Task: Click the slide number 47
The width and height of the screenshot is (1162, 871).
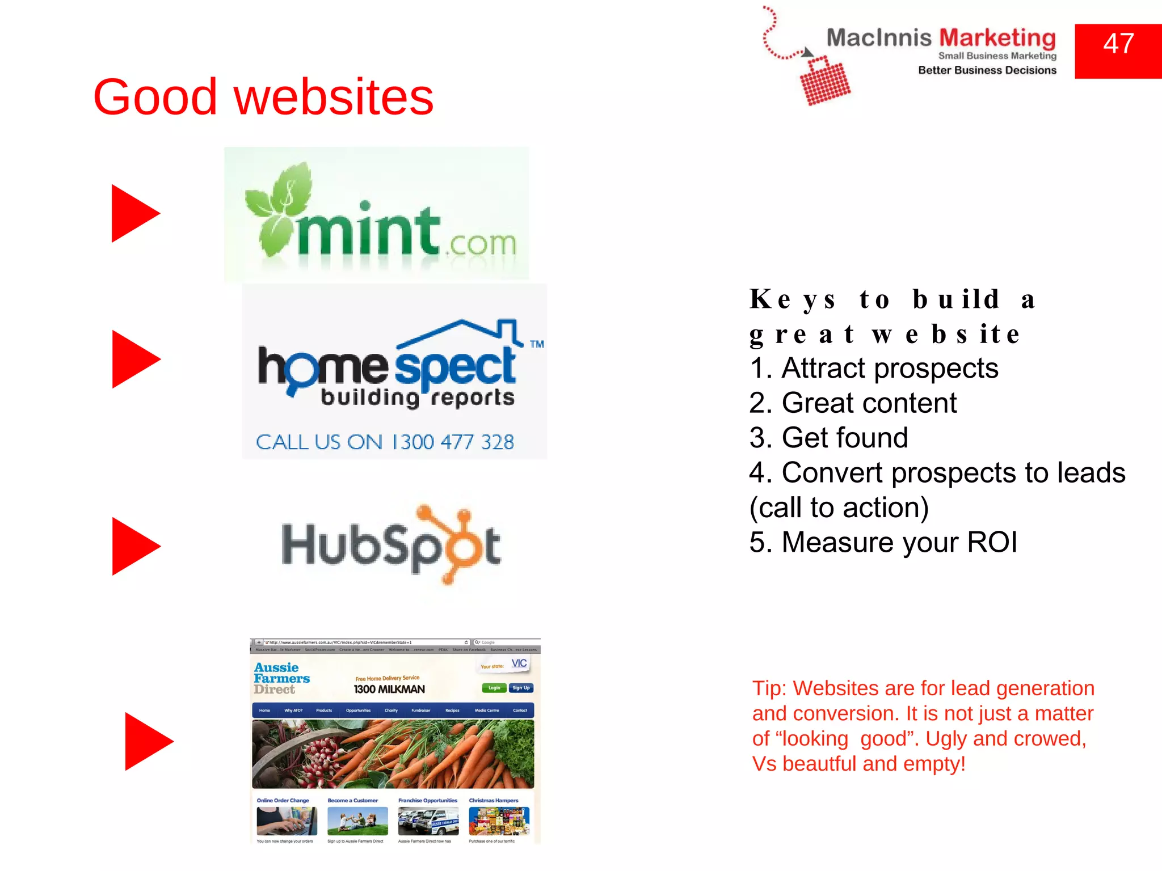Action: coord(1118,44)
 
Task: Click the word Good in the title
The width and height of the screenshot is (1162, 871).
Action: coord(155,98)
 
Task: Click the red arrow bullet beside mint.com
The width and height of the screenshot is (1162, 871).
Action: coord(134,213)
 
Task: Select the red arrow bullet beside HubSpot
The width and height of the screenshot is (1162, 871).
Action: coord(135,546)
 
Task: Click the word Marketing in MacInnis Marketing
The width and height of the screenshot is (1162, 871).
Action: coord(997,38)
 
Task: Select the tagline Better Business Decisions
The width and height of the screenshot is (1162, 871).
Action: coord(987,70)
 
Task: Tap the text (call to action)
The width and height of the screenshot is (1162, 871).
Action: coord(839,508)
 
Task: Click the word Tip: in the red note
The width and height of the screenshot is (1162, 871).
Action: coord(769,688)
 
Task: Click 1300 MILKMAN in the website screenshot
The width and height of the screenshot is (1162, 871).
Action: coord(389,690)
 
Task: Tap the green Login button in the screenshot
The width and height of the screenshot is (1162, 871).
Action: coord(494,688)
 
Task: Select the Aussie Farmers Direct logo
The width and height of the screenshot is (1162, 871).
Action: coord(281,678)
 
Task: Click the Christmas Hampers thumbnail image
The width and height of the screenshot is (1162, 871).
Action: coord(499,821)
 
